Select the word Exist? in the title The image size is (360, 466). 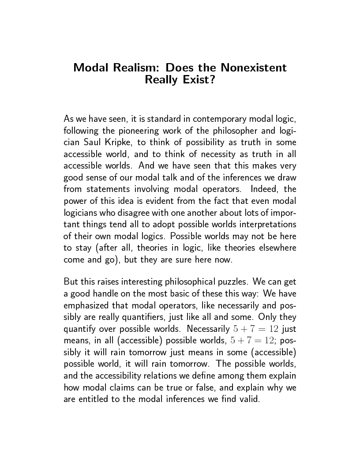coord(198,80)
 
